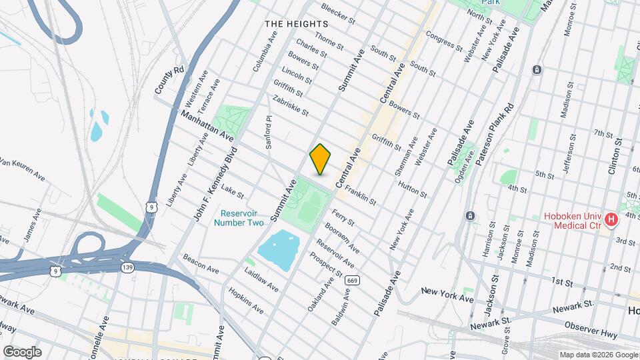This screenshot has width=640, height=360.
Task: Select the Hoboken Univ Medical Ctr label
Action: tap(573, 221)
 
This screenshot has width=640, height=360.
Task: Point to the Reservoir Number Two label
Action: tap(239, 218)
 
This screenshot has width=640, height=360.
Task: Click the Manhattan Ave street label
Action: tap(207, 126)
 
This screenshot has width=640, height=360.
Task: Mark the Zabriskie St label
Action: tap(291, 105)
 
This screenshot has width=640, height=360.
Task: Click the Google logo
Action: tap(22, 351)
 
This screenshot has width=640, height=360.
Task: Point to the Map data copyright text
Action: tap(598, 354)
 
